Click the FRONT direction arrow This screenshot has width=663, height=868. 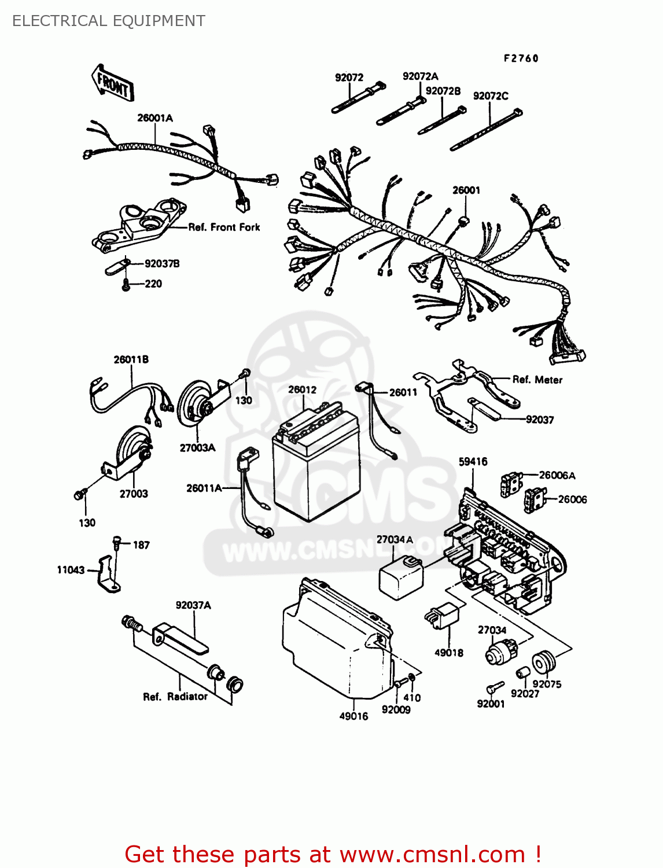tap(113, 84)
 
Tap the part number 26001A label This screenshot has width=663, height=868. tap(155, 118)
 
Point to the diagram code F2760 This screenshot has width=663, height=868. tap(521, 58)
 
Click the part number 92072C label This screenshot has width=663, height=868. tap(491, 96)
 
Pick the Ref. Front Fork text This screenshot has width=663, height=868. tap(224, 227)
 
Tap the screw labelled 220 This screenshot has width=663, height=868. tap(126, 285)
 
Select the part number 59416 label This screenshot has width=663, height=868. tap(473, 461)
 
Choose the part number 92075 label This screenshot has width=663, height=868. tap(547, 684)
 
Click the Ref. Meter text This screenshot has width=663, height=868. tap(537, 380)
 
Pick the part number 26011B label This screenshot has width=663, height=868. tap(131, 359)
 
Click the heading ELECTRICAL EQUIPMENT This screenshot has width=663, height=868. tap(109, 21)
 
